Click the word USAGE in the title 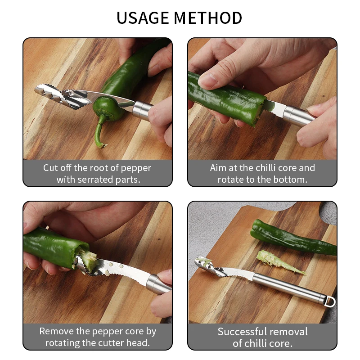pyautogui.click(x=143, y=18)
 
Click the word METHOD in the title pyautogui.click(x=208, y=18)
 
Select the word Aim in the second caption pyautogui.click(x=218, y=168)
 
